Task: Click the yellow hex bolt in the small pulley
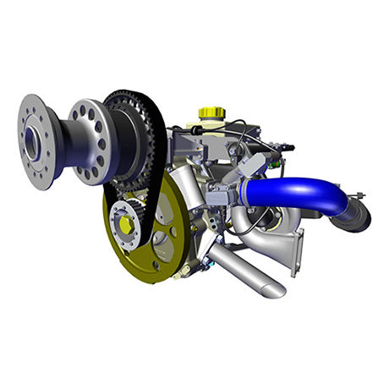tap(126, 224)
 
